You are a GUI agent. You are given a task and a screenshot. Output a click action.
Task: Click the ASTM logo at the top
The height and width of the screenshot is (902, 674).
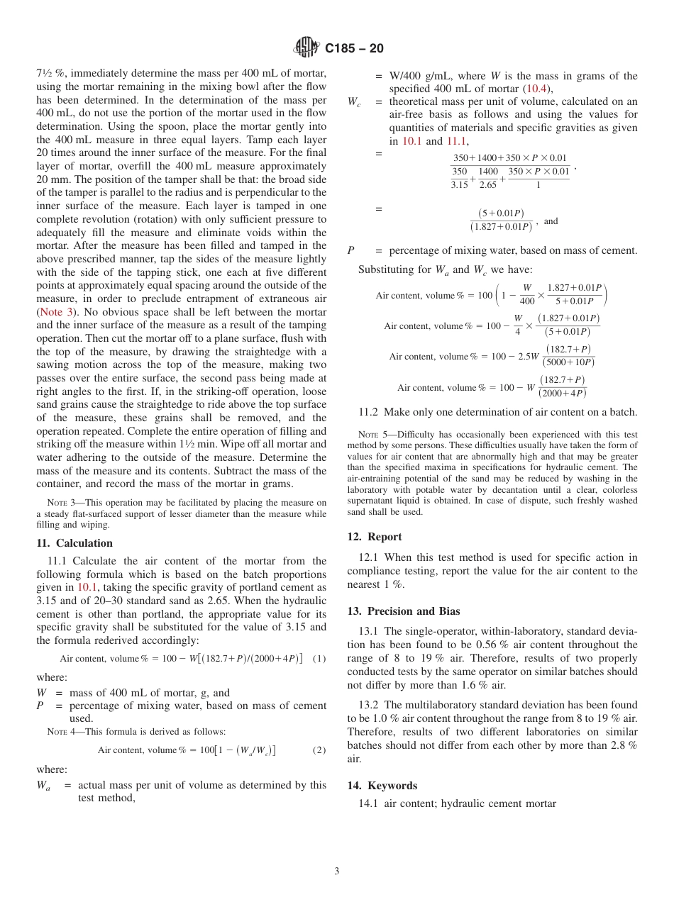point(306,48)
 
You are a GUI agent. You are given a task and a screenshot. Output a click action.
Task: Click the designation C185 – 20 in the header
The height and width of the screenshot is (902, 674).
point(354,48)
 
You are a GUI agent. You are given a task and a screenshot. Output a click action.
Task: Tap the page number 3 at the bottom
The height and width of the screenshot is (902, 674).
point(337,872)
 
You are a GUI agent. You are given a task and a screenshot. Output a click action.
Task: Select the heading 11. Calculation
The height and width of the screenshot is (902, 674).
point(74,543)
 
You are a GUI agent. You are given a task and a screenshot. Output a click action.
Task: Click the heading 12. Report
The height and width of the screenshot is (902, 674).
point(375,537)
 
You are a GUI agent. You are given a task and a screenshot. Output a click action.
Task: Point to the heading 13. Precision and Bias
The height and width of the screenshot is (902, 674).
point(404,611)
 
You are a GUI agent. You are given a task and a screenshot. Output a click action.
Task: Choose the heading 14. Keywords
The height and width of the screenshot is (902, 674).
point(382,786)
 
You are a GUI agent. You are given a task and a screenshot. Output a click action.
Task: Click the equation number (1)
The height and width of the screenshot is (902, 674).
point(319,659)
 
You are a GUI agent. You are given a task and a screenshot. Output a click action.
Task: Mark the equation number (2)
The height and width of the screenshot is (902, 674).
point(319,750)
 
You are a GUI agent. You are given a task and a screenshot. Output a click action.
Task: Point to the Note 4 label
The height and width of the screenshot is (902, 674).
point(58,732)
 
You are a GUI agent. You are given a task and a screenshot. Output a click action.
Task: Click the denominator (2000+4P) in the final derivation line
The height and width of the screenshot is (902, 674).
point(563,394)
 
